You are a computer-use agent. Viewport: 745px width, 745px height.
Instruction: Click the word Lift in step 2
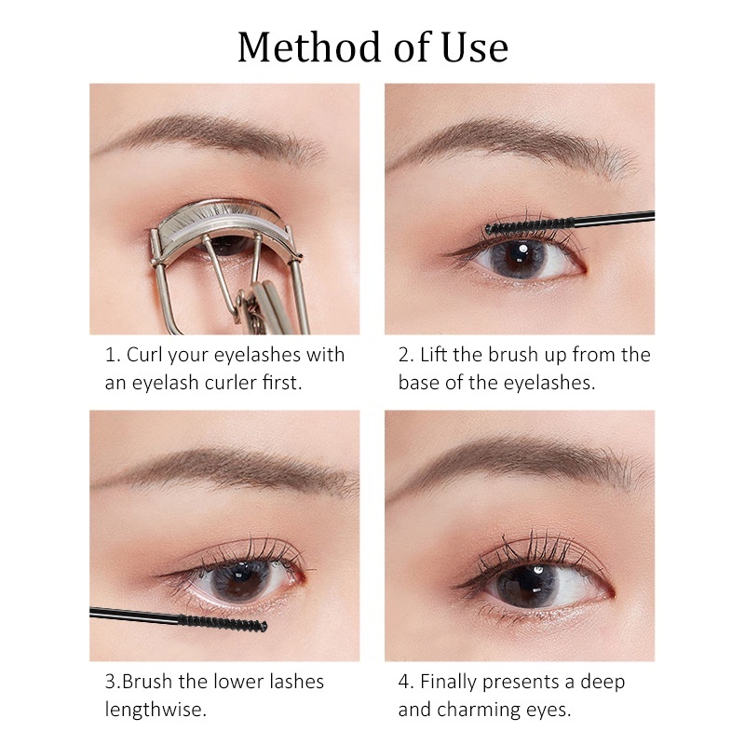435,355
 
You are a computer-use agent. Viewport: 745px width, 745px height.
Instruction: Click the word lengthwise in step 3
154,710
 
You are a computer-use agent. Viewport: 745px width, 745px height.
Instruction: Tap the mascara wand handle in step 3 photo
130,614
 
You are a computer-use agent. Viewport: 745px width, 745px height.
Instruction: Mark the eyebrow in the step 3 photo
223,466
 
